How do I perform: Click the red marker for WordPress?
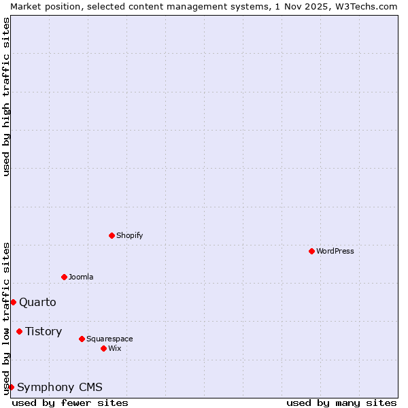[x=311, y=251]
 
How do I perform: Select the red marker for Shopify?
[x=112, y=235]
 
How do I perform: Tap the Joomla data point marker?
[x=64, y=277]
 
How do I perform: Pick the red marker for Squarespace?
[x=82, y=339]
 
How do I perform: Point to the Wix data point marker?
[x=103, y=348]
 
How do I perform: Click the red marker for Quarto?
[x=13, y=302]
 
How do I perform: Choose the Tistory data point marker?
[x=19, y=331]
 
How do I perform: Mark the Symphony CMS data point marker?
[x=11, y=387]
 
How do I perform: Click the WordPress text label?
[x=335, y=251]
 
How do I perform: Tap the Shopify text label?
[x=129, y=235]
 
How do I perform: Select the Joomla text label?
[x=81, y=277]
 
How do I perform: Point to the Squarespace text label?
[x=109, y=339]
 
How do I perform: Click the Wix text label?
[x=114, y=348]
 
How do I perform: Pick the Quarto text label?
[x=37, y=302]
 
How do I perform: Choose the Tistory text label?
[x=44, y=331]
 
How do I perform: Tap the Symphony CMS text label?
[x=60, y=387]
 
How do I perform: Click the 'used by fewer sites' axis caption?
[x=70, y=403]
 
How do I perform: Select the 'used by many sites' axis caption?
[x=341, y=403]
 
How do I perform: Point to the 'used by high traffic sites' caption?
[x=6, y=97]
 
